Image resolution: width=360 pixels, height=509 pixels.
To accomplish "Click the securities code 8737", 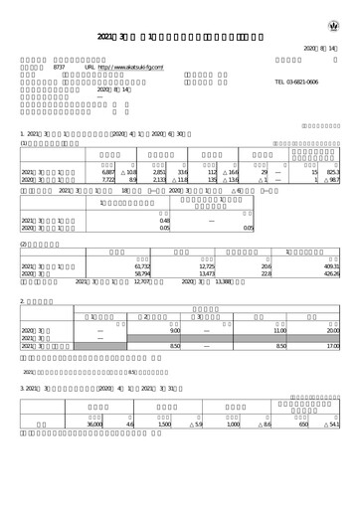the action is coord(59,66).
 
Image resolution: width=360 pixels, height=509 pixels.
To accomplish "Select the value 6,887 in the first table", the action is coord(110,172).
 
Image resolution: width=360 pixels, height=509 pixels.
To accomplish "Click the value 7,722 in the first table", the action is coord(110,180).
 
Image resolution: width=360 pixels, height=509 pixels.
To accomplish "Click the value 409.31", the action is coord(331,266).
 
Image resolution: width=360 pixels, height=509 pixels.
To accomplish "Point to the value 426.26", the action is coord(331,274).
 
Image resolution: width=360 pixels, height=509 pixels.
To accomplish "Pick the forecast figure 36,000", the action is coord(95,424).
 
